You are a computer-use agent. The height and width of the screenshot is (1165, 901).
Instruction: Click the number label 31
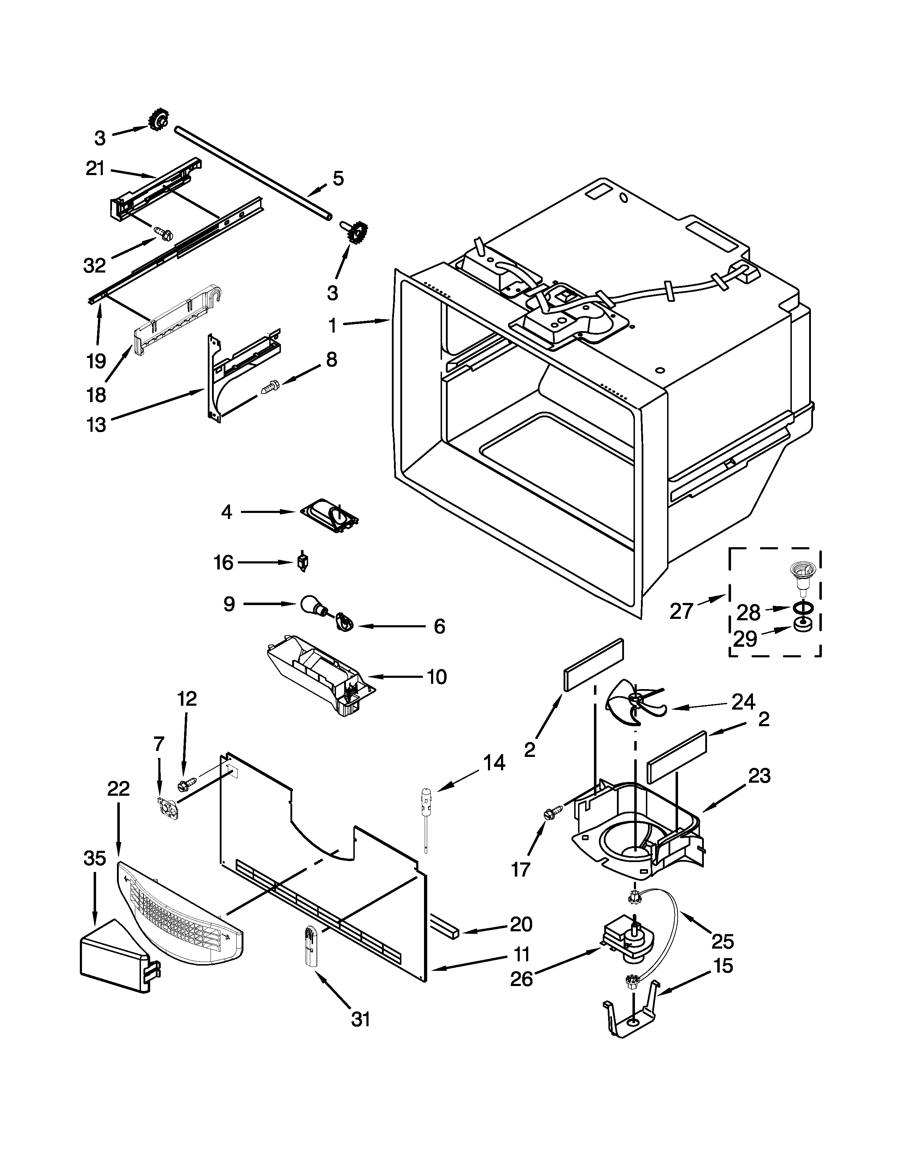coord(361,1020)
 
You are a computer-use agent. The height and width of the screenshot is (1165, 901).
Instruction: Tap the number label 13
coord(96,425)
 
